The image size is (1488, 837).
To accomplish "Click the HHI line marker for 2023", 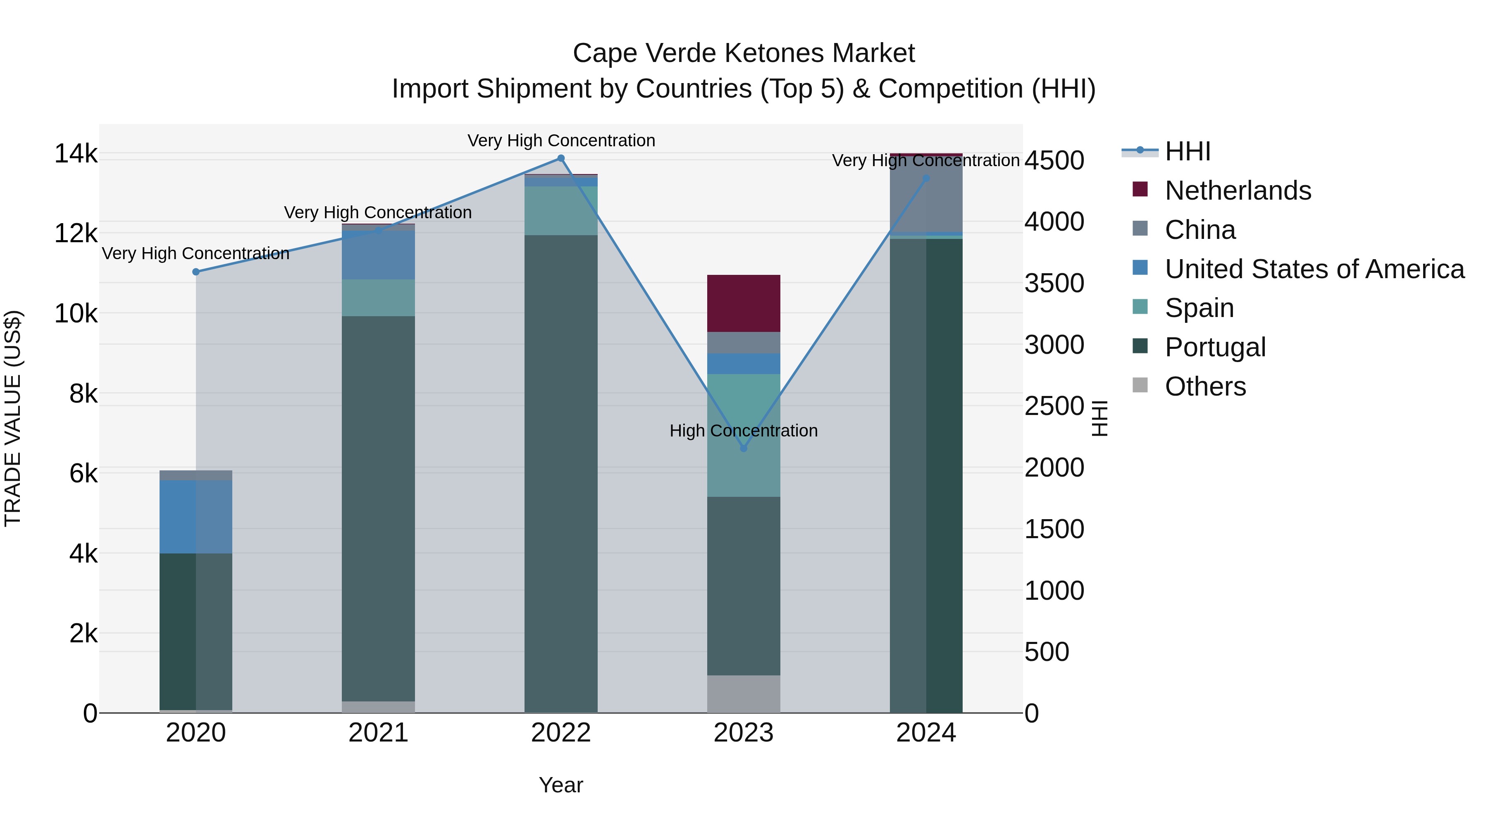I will coord(744,448).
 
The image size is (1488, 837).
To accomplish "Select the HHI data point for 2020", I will coord(196,272).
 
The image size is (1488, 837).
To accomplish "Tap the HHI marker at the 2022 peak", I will coord(561,158).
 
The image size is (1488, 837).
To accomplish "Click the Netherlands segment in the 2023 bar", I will coord(744,303).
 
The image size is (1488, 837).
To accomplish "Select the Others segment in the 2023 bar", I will coord(744,694).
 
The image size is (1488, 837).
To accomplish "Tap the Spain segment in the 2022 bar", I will coord(561,210).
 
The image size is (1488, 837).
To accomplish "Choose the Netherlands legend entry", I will coord(1237,191).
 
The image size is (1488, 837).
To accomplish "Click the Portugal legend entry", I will coord(1215,347).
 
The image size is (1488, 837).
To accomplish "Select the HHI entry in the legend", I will coord(1187,151).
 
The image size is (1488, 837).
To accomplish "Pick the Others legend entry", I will coord(1205,386).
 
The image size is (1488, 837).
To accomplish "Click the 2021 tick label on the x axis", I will coord(378,733).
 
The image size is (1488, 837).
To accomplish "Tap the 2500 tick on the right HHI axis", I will coord(1054,406).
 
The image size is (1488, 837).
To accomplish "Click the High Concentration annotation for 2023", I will coord(744,431).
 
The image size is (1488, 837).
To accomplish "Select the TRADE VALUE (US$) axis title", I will coord(13,418).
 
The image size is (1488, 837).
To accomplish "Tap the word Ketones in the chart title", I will coord(767,53).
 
